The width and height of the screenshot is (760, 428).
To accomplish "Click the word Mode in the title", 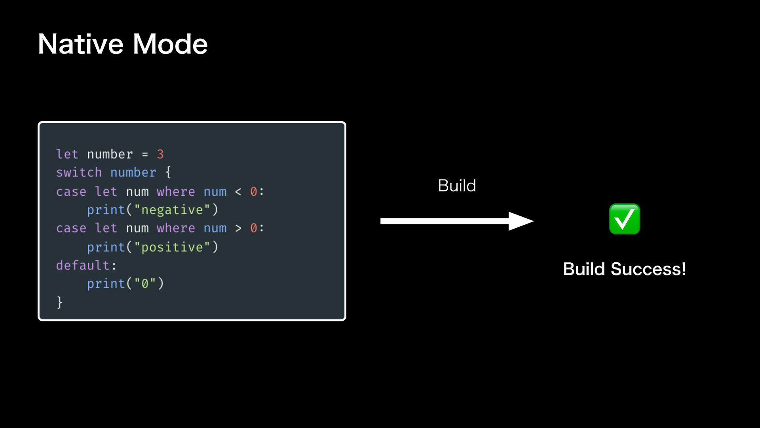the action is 170,44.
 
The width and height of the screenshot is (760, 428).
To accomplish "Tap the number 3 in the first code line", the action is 160,154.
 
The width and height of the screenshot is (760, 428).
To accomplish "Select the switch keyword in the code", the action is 79,172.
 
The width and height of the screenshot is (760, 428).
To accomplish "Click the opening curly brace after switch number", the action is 168,172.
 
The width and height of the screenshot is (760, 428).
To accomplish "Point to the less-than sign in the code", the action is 238,192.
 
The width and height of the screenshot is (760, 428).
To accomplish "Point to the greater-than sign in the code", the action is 238,228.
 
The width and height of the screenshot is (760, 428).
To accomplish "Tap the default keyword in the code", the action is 83,265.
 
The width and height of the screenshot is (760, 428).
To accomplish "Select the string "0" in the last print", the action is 144,283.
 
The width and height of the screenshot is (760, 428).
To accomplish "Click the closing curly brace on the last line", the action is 59,302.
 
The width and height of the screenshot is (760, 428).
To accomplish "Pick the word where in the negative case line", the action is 176,192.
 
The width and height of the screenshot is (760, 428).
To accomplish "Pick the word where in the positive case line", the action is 176,228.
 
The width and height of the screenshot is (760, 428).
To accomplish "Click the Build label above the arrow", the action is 457,185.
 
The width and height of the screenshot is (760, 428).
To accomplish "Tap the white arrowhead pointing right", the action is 520,221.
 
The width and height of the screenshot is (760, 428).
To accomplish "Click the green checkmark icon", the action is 624,219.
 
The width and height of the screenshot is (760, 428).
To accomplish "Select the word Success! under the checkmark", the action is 648,269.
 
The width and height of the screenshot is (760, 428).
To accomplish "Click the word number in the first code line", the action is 110,154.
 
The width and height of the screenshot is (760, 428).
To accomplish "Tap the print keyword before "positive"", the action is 106,247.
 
